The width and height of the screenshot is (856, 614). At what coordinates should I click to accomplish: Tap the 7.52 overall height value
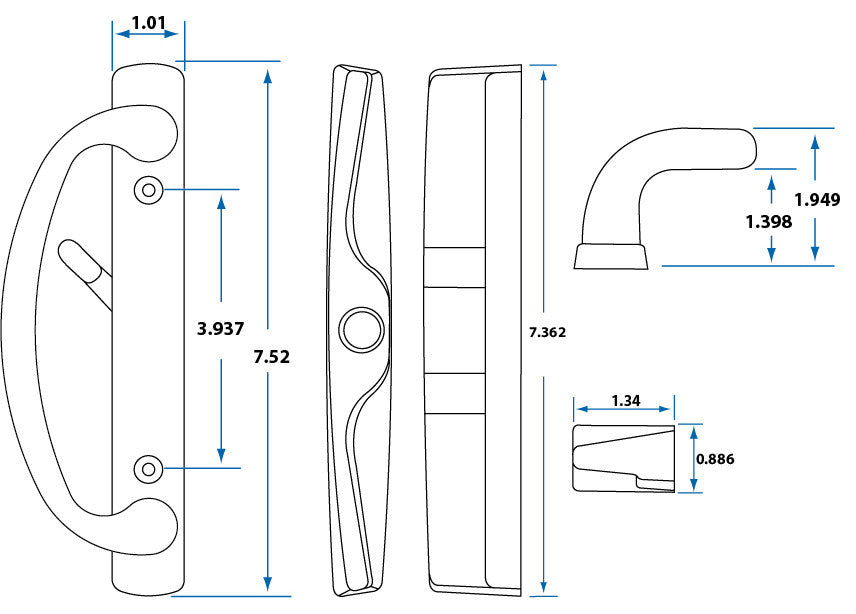coord(271,356)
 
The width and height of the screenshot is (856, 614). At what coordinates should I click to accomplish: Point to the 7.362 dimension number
coord(546,333)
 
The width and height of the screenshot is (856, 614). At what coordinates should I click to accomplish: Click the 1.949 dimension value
coord(817,199)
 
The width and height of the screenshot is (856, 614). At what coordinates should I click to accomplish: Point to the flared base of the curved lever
coord(611,256)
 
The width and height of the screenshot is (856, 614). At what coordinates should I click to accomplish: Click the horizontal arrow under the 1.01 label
coord(147,35)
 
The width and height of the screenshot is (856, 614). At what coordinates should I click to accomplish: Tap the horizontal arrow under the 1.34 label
coord(624,409)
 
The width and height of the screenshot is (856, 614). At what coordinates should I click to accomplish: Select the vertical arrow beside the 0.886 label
coord(692,459)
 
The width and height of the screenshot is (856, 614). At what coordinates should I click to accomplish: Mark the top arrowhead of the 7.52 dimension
coord(267,76)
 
